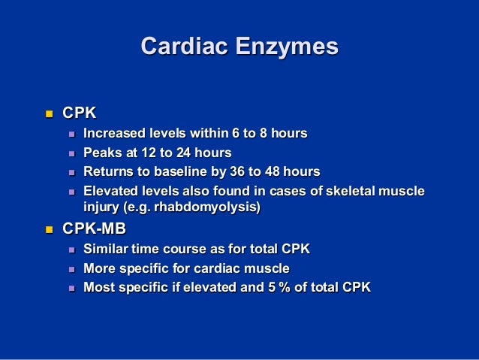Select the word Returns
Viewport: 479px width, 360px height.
pyautogui.click(x=108, y=171)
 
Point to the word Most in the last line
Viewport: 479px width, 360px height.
pyautogui.click(x=99, y=286)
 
